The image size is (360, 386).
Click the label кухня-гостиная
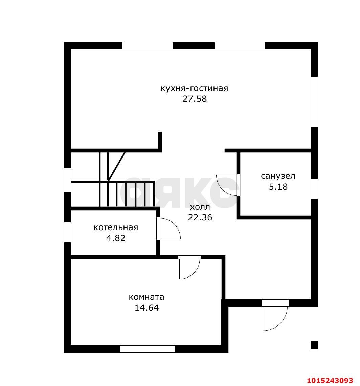pyautogui.click(x=194, y=88)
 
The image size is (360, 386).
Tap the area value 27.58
pyautogui.click(x=195, y=99)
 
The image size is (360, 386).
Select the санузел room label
pyautogui.click(x=278, y=176)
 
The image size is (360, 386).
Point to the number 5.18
pyautogui.click(x=278, y=187)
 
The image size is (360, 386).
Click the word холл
pyautogui.click(x=200, y=207)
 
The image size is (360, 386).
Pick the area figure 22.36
pyautogui.click(x=200, y=218)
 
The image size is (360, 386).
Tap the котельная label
pyautogui.click(x=116, y=227)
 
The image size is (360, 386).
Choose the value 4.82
pyautogui.click(x=116, y=238)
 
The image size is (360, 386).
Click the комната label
pyautogui.click(x=147, y=297)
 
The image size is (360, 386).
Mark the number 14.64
pyautogui.click(x=147, y=308)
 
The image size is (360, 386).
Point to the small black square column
pyautogui.click(x=314, y=345)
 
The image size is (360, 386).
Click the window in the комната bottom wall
pyautogui.click(x=148, y=349)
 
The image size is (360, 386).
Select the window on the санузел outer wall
pyautogui.click(x=314, y=189)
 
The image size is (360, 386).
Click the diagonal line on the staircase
pyautogui.click(x=116, y=166)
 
